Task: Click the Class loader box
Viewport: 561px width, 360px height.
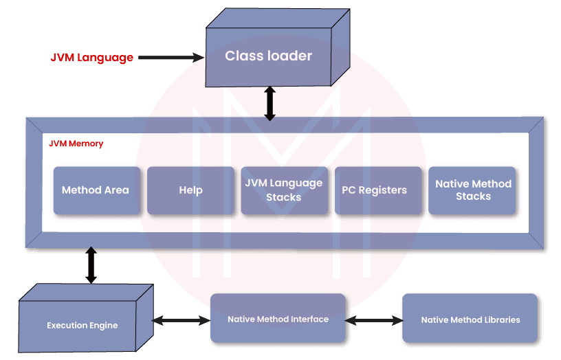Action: [x=268, y=56]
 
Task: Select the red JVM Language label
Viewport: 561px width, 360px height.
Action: [x=91, y=58]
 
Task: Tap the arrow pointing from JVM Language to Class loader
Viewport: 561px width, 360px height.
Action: [x=171, y=58]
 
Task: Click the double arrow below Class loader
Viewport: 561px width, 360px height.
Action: [x=269, y=103]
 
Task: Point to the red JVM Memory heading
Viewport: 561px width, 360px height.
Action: [x=76, y=144]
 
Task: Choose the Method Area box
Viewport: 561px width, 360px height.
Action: [x=96, y=190]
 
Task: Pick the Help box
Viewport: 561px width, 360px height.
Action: [x=190, y=190]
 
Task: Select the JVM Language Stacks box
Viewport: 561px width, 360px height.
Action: [x=283, y=190]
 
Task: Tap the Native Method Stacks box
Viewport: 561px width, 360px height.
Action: [x=473, y=190]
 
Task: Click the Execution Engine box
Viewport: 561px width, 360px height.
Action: [x=82, y=325]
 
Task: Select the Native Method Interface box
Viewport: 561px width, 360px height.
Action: [x=278, y=319]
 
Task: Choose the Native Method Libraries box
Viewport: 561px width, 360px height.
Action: [x=470, y=319]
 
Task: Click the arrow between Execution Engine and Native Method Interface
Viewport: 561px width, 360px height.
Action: [x=181, y=320]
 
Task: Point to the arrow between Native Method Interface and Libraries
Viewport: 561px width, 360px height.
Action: [x=374, y=319]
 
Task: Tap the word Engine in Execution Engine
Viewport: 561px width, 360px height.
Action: [x=102, y=325]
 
